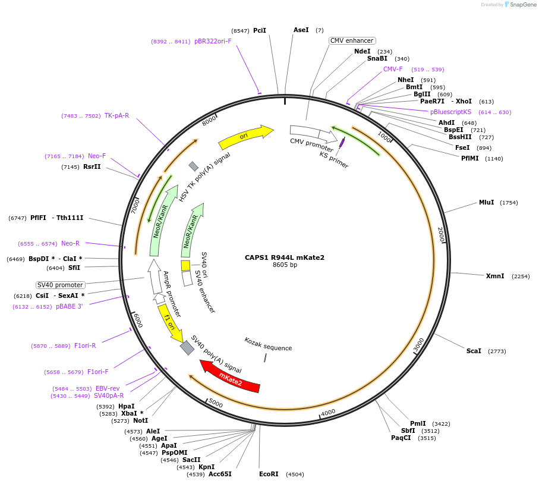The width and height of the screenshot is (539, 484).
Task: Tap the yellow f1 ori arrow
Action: click(x=170, y=323)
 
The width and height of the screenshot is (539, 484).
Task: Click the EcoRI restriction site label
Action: click(x=269, y=474)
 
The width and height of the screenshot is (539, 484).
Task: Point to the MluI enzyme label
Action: click(x=486, y=202)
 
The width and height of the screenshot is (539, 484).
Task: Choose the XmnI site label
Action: click(x=494, y=276)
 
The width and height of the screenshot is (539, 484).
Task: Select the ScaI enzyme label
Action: click(x=474, y=351)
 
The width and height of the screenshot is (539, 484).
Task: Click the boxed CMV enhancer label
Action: click(x=352, y=40)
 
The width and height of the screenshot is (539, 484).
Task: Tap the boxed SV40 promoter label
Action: click(x=60, y=285)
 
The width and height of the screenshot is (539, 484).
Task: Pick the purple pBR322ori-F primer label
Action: click(x=213, y=42)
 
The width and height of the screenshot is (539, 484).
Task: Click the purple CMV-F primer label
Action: click(x=393, y=69)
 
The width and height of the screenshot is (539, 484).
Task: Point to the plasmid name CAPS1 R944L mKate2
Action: click(x=285, y=257)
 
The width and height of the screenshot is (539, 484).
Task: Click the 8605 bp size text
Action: click(x=285, y=265)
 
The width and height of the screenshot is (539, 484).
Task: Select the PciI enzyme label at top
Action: click(x=260, y=30)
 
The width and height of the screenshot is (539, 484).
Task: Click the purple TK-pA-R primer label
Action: click(x=116, y=115)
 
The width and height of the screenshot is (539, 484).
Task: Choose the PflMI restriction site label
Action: click(x=469, y=158)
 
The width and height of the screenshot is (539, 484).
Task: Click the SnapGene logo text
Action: click(x=521, y=5)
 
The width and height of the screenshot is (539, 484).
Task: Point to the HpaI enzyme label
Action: click(x=127, y=406)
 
